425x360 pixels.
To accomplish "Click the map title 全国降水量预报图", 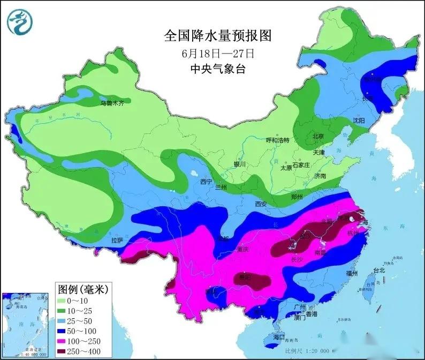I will coord(218,36).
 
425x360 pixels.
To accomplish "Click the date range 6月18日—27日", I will coord(218,54).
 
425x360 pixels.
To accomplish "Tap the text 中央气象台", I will coord(218,69).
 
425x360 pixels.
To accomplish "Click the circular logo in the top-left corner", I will coord(21,21).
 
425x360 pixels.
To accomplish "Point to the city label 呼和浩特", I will coord(277,140).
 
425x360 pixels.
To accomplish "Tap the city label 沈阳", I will coord(358,121).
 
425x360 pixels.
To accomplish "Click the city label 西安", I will coord(261,204).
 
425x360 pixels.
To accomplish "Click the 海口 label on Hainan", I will coord(279,338).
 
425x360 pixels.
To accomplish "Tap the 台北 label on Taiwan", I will coord(378,271).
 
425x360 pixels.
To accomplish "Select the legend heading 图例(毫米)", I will coord(83,290).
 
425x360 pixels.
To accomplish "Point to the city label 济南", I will coord(320,176).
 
